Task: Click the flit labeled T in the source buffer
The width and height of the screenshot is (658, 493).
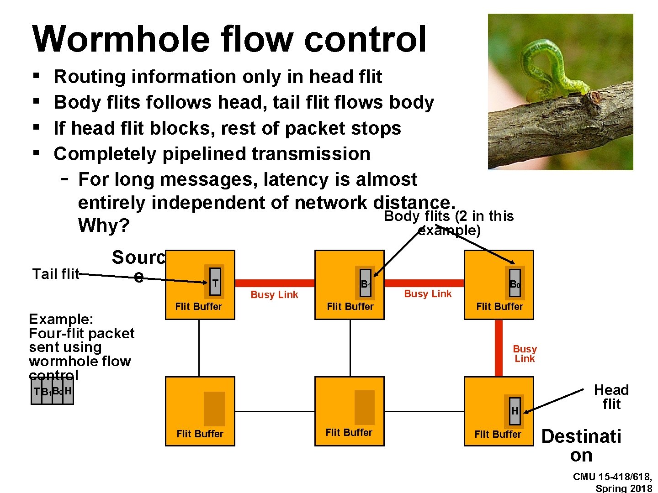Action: coord(215,283)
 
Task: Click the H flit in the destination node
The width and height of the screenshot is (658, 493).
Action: coord(515,411)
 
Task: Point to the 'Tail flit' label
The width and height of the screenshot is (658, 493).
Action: coord(56,274)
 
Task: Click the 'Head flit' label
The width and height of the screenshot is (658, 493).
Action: coord(611,397)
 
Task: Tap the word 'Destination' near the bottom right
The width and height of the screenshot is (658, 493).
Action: coord(581,445)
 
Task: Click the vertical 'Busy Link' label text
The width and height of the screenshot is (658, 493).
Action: coord(525,354)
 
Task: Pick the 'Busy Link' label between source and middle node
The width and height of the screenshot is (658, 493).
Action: coord(274,295)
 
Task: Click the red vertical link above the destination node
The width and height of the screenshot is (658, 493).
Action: coord(499,348)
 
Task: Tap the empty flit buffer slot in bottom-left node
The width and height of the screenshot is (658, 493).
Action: coord(214,409)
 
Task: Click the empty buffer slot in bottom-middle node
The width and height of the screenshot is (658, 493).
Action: coord(364,407)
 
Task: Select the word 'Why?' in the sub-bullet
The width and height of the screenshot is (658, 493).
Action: coord(104,226)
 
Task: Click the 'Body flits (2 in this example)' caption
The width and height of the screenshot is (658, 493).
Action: coord(449,223)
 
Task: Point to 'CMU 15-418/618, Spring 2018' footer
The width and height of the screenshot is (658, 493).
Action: coord(612,483)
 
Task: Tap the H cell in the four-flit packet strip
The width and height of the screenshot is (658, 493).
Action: coord(68,391)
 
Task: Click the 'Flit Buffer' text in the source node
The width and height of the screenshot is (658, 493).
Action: coord(198,306)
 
